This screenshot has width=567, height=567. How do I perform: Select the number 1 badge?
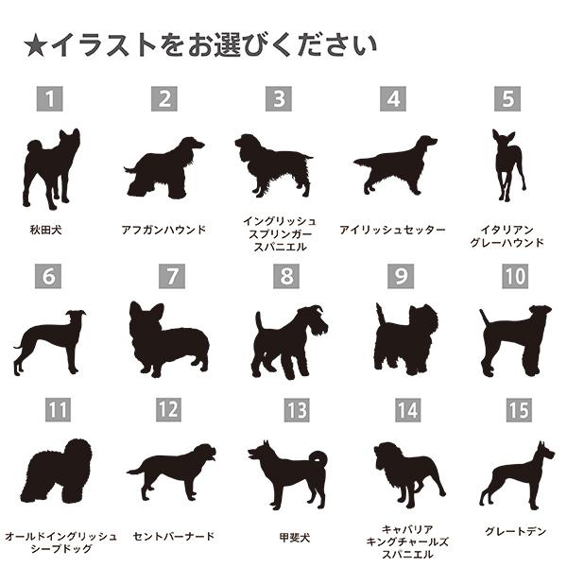click(49, 98)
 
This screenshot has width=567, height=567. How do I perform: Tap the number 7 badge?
click(172, 276)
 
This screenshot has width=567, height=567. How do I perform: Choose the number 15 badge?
click(519, 410)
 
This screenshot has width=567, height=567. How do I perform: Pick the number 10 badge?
click(515, 276)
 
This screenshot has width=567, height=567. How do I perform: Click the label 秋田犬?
click(46, 230)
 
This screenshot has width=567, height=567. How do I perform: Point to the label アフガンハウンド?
click(163, 230)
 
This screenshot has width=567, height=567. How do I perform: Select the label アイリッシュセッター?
click(392, 230)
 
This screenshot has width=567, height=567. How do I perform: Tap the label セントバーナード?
click(174, 536)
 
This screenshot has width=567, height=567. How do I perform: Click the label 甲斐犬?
click(295, 538)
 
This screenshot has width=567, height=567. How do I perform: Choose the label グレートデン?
click(515, 531)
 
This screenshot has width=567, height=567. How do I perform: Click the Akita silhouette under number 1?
click(51, 169)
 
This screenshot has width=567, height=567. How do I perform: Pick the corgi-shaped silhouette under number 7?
click(169, 340)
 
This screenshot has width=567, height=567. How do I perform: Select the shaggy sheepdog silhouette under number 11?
click(57, 471)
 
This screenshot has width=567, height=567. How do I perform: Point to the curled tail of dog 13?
click(318, 459)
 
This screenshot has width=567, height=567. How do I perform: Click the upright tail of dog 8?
click(259, 322)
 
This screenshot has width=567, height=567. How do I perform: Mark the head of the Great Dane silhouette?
click(545, 451)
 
